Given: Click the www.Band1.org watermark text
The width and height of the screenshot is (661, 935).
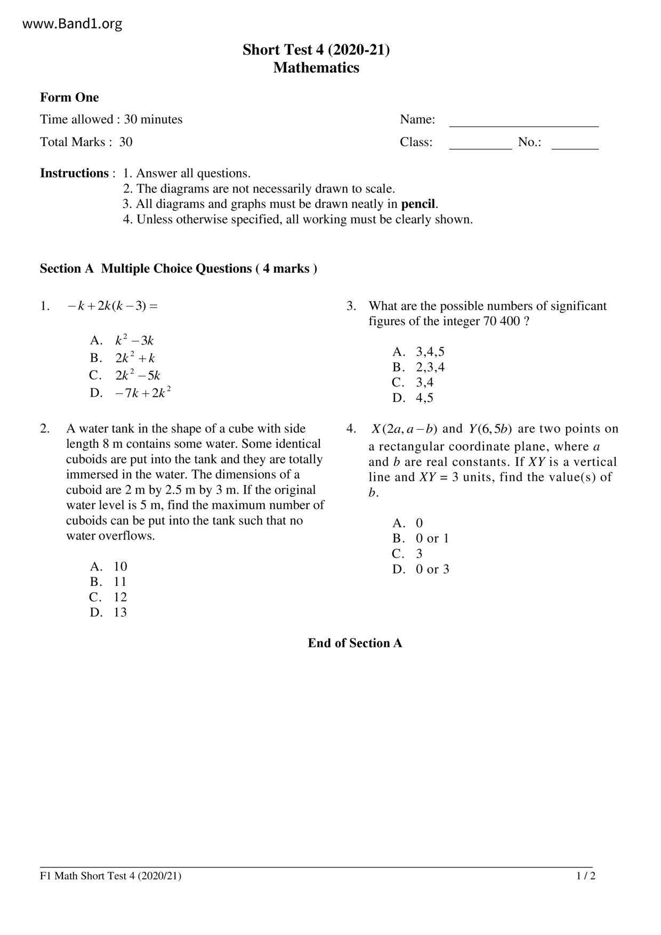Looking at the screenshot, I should click(72, 24).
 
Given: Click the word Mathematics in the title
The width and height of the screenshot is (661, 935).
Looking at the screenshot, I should click(316, 68).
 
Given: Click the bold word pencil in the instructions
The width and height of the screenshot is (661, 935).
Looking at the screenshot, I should click(418, 204).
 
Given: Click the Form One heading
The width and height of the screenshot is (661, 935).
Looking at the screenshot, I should click(69, 98).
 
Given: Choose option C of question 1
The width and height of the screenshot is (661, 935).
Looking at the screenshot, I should click(125, 375).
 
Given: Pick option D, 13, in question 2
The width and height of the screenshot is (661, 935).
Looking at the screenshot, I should click(109, 612).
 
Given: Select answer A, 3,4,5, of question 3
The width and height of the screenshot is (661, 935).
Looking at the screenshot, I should click(418, 352).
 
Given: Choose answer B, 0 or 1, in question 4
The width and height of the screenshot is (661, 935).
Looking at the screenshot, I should click(421, 538).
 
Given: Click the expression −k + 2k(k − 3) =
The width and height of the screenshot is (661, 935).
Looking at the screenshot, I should click(112, 306).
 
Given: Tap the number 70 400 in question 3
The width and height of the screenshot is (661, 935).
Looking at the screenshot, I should click(502, 321).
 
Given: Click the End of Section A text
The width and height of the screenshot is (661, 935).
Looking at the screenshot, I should click(354, 643).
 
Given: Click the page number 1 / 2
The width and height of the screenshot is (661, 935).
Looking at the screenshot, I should click(585, 876).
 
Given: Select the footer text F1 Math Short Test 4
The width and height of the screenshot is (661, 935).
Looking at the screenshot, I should click(110, 876).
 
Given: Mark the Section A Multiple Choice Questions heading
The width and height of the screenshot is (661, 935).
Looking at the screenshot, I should click(178, 269).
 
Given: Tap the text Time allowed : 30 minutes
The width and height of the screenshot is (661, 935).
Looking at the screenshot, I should click(111, 119).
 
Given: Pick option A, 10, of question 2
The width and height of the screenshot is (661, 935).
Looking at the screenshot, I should click(109, 566).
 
